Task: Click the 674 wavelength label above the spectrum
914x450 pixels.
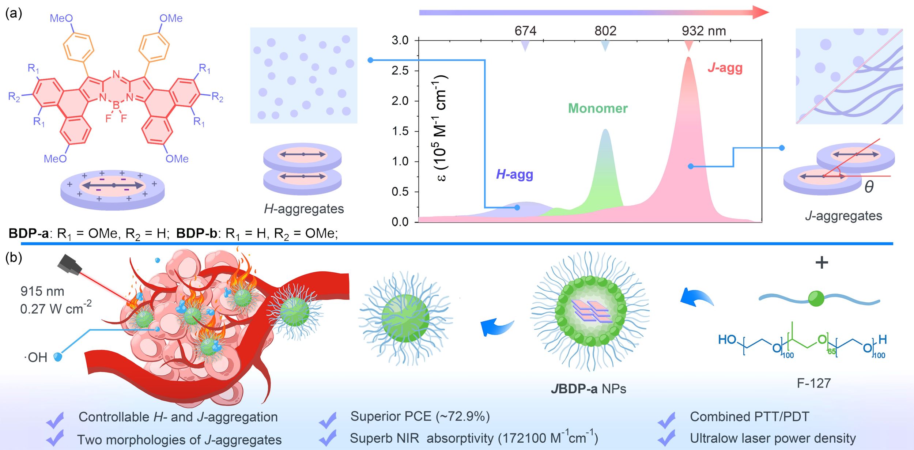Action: [525, 31]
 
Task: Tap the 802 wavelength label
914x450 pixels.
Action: [605, 31]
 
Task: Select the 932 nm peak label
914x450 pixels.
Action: [704, 31]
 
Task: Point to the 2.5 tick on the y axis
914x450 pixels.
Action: [400, 70]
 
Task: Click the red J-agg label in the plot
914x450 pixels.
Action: [725, 68]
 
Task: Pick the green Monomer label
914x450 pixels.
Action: [598, 108]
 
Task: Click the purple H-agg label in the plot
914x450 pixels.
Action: [514, 174]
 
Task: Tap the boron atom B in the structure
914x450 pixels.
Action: [116, 105]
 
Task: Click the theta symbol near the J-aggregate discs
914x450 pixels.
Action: [869, 187]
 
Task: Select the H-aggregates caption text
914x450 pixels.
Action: [304, 209]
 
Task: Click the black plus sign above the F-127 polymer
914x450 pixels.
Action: [822, 262]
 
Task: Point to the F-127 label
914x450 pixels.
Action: [814, 383]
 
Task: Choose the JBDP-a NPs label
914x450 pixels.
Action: [588, 389]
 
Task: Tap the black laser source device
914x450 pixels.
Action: [69, 264]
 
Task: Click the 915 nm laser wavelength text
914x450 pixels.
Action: [42, 291]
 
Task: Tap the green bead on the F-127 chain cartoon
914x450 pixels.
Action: [816, 299]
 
